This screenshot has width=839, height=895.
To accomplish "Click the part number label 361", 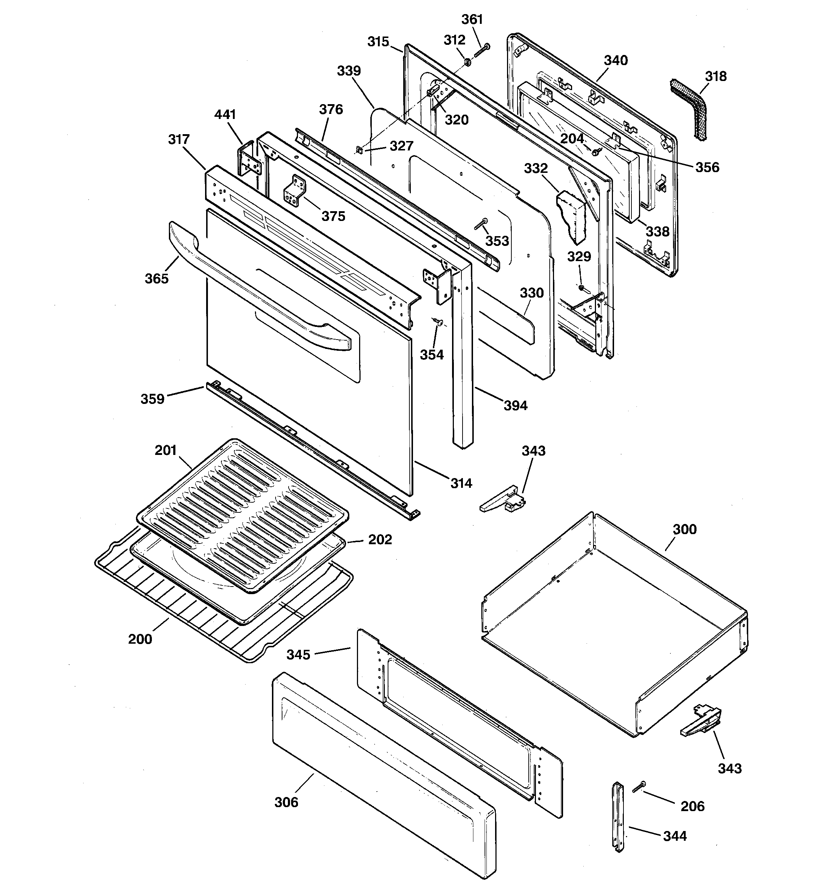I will (x=472, y=20).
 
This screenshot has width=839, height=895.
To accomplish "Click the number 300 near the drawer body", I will (x=685, y=529).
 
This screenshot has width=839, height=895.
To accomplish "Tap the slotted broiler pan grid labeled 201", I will (x=243, y=513).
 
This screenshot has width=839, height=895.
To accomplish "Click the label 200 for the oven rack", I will (x=140, y=639).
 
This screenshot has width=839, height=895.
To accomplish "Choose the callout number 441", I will (x=225, y=114).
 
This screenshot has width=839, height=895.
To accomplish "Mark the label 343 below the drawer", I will (x=729, y=768).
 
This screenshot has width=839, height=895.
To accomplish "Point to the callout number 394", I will (x=515, y=406).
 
